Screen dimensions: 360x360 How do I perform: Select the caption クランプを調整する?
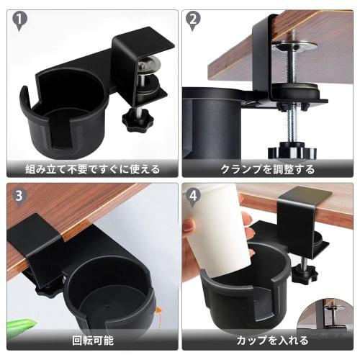tap(267, 170)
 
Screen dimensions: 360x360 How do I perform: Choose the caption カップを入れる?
tap(267, 341)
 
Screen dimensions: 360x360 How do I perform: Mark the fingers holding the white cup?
tap(189, 238)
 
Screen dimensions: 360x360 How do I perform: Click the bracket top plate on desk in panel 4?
tap(302, 198)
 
